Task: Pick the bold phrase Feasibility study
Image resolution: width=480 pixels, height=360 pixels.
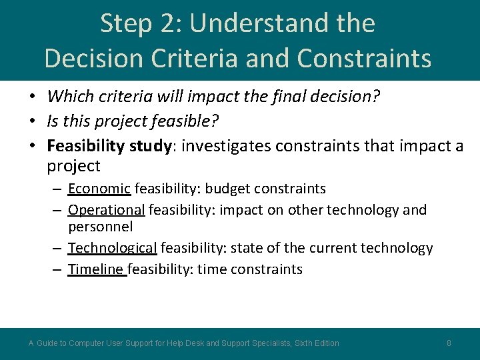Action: coord(110,146)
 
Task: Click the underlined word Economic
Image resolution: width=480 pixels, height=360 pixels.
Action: coord(99,189)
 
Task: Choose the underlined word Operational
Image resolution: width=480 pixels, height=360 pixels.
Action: coord(106,210)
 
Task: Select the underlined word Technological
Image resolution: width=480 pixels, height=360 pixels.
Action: coord(112,248)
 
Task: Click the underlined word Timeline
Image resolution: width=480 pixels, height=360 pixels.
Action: coord(96,269)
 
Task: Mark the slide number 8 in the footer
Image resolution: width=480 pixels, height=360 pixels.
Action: coord(449,343)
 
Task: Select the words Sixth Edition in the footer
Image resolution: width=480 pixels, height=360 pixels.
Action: coord(317,343)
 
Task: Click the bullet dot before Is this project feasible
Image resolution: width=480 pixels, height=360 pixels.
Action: coord(32,121)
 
